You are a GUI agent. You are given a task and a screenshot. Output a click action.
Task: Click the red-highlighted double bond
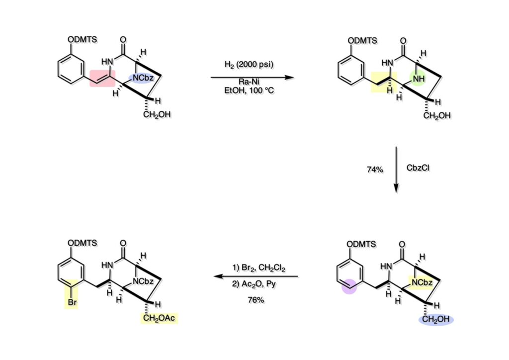102,78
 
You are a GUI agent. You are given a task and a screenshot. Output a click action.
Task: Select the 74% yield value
375,170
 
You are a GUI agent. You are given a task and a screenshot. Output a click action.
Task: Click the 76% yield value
254,299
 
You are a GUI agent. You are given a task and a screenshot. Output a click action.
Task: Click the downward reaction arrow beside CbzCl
396,169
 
